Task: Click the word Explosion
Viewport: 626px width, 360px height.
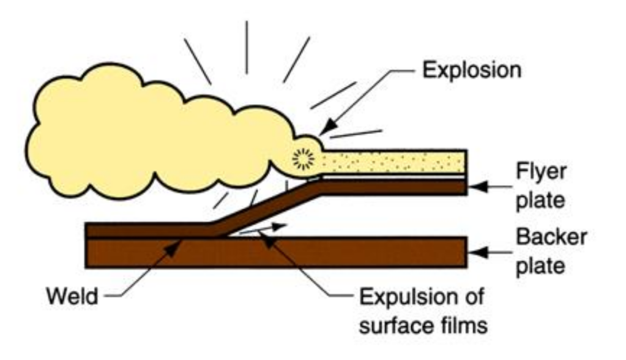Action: pos(472,70)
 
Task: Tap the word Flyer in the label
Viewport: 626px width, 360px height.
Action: pos(541,172)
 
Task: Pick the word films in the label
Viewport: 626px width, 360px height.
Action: pos(465,325)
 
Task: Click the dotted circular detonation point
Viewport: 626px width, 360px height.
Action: pos(302,159)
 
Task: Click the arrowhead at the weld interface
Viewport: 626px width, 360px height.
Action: pos(178,242)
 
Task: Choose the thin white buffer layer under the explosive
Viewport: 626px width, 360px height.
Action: pos(392,176)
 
